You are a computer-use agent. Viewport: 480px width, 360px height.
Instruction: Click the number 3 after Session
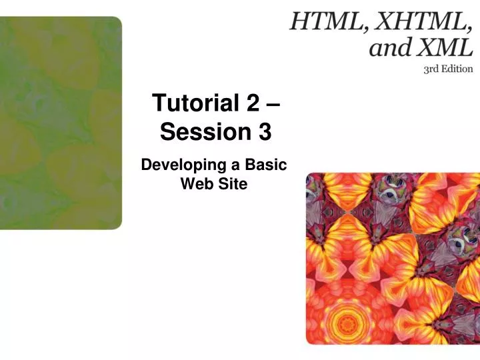(x=265, y=133)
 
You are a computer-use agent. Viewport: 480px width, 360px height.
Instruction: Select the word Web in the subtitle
(x=195, y=183)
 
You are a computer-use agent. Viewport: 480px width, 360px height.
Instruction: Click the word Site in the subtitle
(x=233, y=183)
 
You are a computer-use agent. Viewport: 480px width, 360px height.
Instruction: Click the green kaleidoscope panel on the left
(x=61, y=123)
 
